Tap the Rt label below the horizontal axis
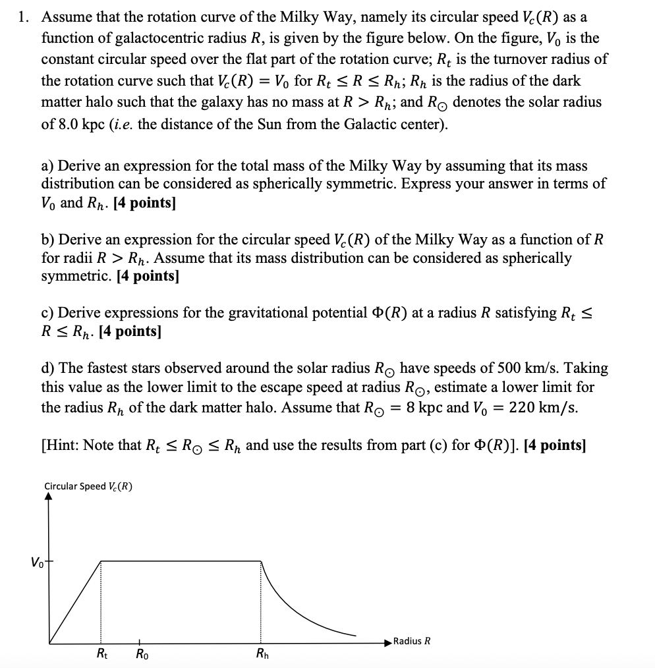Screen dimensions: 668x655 click(103, 654)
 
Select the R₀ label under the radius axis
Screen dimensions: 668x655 click(141, 654)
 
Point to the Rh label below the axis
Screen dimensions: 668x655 click(262, 654)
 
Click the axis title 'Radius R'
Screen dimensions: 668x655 click(413, 641)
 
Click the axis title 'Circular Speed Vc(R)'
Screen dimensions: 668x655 click(88, 486)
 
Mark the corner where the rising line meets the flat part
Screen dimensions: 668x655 click(100, 561)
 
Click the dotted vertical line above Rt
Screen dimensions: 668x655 click(100, 603)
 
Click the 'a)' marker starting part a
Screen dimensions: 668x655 click(49, 165)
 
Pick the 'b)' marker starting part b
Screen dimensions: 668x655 click(50, 239)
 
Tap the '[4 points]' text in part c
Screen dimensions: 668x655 click(129, 331)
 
